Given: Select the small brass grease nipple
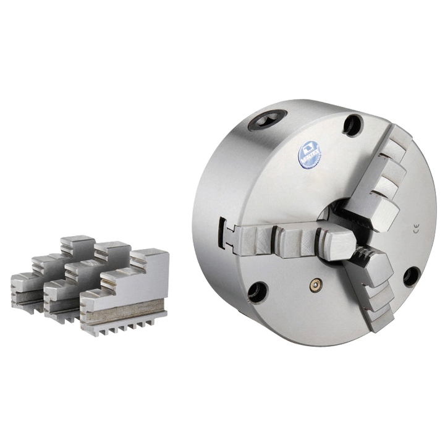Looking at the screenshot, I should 315,284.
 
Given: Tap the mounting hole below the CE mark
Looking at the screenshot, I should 411,276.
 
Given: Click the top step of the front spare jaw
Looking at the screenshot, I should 151,254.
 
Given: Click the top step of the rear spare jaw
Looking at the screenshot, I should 77,240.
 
